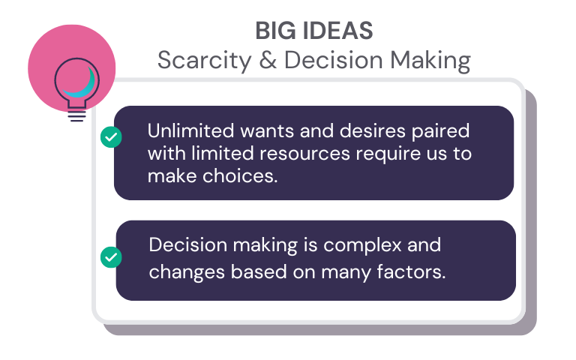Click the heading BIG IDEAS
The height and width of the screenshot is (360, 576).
coord(313,31)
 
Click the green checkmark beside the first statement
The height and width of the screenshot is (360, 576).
coord(110,137)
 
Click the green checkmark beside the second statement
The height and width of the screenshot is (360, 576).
coord(110,257)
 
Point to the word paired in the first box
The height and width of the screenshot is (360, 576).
coord(441,131)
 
